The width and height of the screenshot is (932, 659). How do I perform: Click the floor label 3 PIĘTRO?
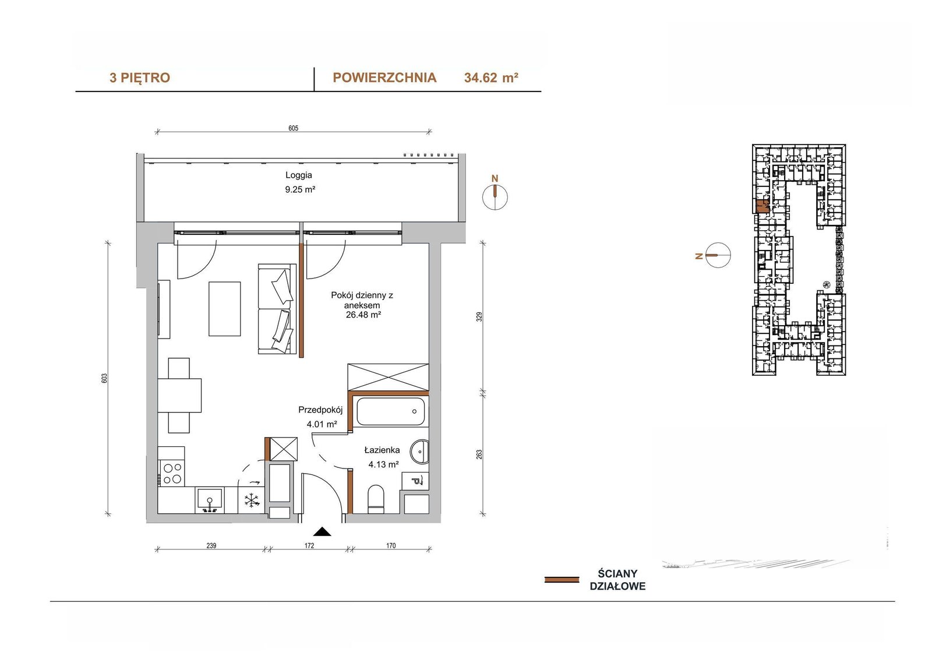pos(140,78)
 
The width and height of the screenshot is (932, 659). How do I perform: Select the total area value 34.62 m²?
pos(491,78)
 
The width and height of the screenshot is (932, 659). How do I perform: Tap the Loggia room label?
pos(299,175)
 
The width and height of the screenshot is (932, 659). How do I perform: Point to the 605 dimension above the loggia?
pos(294,128)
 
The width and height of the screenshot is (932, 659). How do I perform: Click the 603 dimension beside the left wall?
pos(104,378)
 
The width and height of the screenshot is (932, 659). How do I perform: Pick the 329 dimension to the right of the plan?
pos(479,317)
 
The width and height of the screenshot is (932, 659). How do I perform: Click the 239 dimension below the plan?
pos(211,546)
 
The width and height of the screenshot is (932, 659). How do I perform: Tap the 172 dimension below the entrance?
pos(309,546)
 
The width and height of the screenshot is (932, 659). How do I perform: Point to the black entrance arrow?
pos(322,531)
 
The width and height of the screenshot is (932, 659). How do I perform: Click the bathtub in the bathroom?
pos(390,411)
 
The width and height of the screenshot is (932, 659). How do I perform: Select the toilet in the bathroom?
pos(376,499)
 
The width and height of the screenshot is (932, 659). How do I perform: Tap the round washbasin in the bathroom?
pos(419,451)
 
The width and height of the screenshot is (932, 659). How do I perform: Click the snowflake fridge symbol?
pos(252,501)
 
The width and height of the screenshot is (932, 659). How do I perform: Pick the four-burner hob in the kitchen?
pos(171,473)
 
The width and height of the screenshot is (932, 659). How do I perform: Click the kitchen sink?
pos(210,499)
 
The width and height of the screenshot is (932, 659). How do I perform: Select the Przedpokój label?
pos(320,410)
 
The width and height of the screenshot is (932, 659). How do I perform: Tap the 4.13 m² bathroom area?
pos(384,464)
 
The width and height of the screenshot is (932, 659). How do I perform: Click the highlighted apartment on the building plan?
pos(762,206)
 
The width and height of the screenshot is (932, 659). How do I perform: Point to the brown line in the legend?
pos(562,580)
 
